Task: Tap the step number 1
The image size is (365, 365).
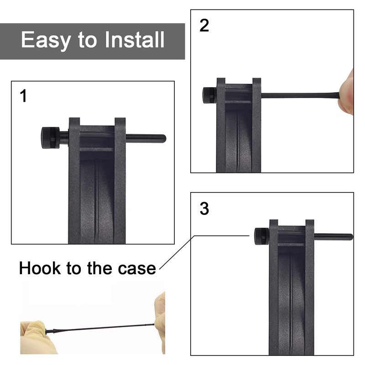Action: click(23, 96)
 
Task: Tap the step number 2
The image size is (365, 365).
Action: click(204, 26)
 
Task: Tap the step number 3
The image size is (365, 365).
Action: click(204, 209)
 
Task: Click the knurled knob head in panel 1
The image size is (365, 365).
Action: click(50, 138)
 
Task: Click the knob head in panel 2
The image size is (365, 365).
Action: click(209, 95)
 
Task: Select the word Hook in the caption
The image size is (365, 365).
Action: click(40, 268)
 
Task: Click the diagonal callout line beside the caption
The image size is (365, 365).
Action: click(178, 254)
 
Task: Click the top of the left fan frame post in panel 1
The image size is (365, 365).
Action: click(74, 120)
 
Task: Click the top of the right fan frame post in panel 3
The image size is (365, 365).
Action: click(310, 222)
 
